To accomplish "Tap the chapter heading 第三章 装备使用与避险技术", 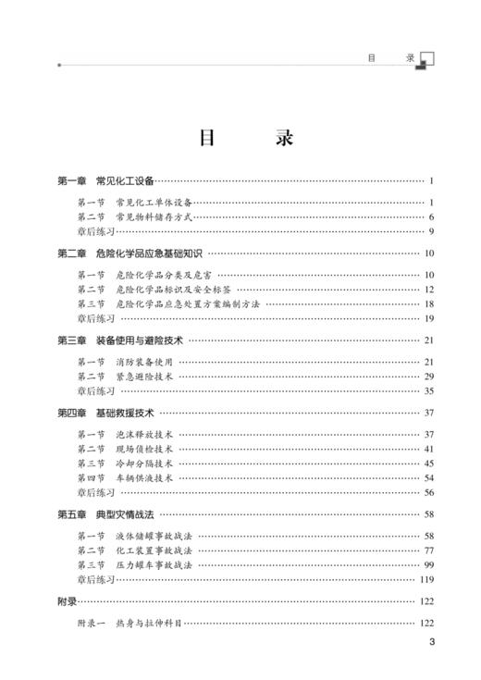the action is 121,340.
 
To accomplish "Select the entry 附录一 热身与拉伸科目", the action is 129,624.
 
